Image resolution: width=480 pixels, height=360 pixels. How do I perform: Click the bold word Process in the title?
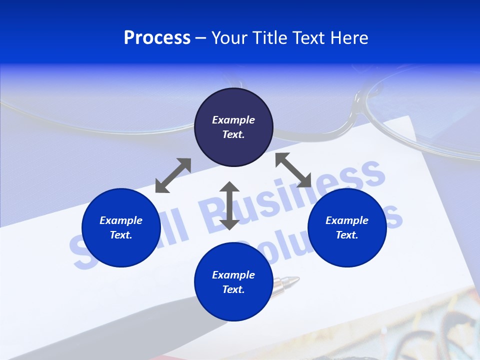(157, 38)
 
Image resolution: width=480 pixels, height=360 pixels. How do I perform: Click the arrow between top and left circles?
(173, 175)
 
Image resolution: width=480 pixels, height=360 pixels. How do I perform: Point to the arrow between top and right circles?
(293, 170)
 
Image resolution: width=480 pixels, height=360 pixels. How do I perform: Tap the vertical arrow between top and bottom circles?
(229, 205)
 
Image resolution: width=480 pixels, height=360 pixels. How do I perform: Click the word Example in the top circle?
(233, 120)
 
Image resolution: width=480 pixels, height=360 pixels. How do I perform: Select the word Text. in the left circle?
(121, 235)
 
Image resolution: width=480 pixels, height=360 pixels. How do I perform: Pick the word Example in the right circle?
(347, 220)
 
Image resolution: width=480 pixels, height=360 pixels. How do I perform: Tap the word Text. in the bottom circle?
(233, 289)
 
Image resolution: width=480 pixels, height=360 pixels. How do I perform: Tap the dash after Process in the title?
(201, 38)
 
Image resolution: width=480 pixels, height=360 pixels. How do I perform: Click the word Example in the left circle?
(121, 220)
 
